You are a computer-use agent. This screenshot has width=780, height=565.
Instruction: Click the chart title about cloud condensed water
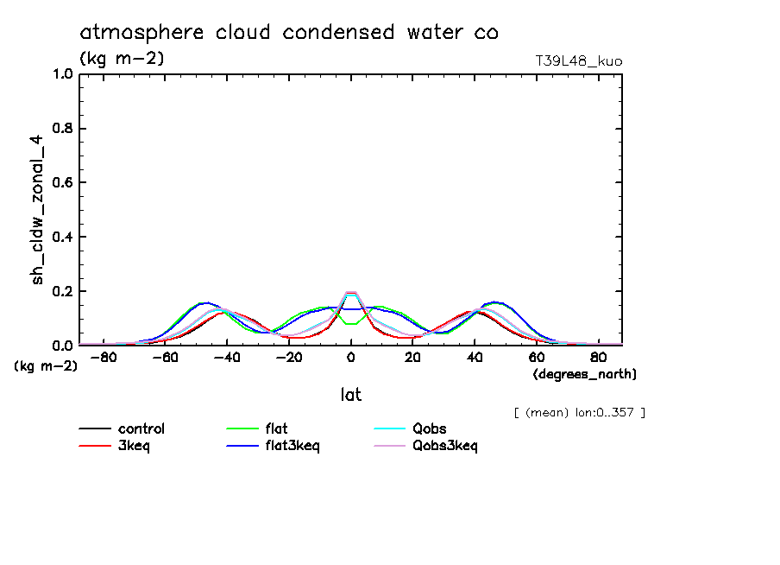[289, 33]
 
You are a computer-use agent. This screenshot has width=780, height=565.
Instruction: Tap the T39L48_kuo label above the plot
[578, 61]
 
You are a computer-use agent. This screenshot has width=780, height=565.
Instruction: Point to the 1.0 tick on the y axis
[63, 74]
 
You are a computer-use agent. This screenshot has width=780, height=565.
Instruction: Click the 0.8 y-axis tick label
[63, 129]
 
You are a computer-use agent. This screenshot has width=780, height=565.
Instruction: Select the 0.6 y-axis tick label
[63, 183]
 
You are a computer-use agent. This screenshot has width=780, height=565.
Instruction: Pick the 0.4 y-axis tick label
[63, 237]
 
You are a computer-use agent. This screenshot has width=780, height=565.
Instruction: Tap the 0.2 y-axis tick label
[63, 291]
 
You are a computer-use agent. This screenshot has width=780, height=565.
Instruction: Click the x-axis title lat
[351, 395]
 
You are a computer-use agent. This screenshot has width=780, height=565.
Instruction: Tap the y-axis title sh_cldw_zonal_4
[37, 211]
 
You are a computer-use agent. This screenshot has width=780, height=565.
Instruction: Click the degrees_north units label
[585, 374]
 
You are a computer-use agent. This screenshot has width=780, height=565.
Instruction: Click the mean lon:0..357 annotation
[578, 412]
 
